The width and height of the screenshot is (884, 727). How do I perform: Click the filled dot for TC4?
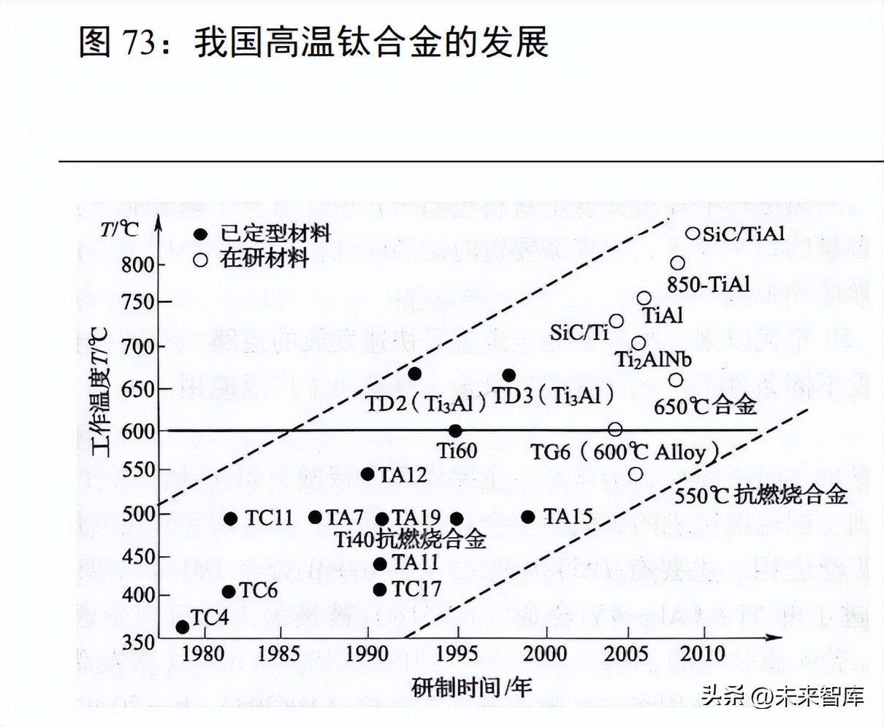(x=183, y=626)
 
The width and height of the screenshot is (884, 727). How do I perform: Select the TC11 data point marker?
(x=230, y=518)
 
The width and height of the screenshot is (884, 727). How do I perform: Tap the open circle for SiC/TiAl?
(x=693, y=234)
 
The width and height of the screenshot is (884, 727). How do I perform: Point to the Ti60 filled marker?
(x=455, y=431)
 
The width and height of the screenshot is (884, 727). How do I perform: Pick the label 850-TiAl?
(x=708, y=284)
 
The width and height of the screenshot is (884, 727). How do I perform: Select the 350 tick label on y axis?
(x=139, y=642)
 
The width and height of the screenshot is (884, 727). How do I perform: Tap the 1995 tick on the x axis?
(x=457, y=652)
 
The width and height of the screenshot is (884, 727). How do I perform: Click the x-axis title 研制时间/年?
(x=471, y=687)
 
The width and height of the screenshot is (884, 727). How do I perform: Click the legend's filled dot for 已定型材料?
(x=201, y=234)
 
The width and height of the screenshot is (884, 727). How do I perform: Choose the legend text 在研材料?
(x=264, y=258)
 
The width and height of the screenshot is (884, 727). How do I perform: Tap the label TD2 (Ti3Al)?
(x=426, y=402)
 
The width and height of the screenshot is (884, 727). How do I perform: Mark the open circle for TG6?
(x=615, y=430)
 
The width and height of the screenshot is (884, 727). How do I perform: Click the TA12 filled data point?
(x=367, y=474)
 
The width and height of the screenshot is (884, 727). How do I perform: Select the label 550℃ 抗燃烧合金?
(x=760, y=495)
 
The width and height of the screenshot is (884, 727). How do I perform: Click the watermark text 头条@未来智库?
(x=782, y=696)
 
